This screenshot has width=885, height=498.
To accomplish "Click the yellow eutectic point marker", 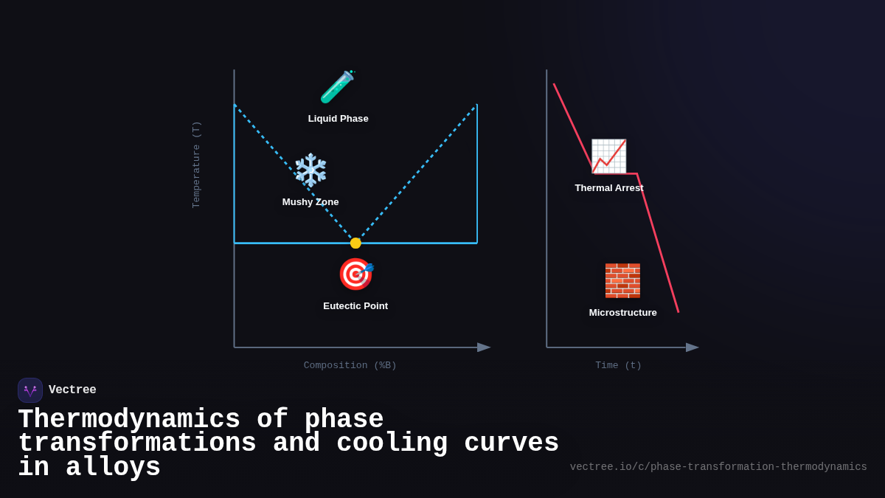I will coord(355,243).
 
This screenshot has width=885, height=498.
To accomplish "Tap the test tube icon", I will coord(337,87).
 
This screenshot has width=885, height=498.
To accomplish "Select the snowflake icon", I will coord(310,170).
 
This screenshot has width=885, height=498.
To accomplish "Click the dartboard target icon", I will coord(355,274).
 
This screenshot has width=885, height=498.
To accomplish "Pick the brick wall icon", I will coord(622,280).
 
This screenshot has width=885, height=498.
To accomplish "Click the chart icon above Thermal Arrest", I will coord(608,156).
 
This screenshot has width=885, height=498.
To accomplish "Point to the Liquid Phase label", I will coord(338,119).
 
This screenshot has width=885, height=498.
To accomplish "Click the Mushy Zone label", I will coord(310,202).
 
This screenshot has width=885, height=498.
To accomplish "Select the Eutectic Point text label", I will coord(355,306).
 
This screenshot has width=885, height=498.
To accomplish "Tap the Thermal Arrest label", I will coord(609,188).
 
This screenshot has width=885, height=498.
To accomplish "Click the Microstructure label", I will coord(622,313).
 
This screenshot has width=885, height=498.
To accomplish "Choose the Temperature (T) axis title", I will coord(196,165).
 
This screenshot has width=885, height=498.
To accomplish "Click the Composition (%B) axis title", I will coord(350,366).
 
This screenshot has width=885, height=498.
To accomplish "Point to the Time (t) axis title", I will coord(618,366).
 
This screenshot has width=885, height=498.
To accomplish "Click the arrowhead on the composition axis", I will coord(484,347).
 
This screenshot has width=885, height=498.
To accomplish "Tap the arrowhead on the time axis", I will coord(692,347).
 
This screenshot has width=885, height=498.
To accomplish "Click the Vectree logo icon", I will coord(30,390).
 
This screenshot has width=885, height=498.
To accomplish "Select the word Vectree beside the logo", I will coord(72,390).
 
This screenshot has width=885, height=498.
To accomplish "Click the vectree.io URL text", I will coord(718,467).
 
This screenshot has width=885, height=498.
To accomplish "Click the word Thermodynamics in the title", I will coord(129,420).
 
